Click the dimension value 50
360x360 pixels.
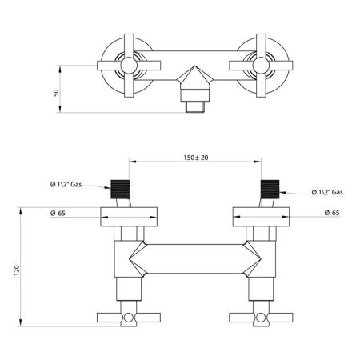(56, 93)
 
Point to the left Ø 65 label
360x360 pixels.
(57, 213)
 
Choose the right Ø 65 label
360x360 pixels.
(331, 213)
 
